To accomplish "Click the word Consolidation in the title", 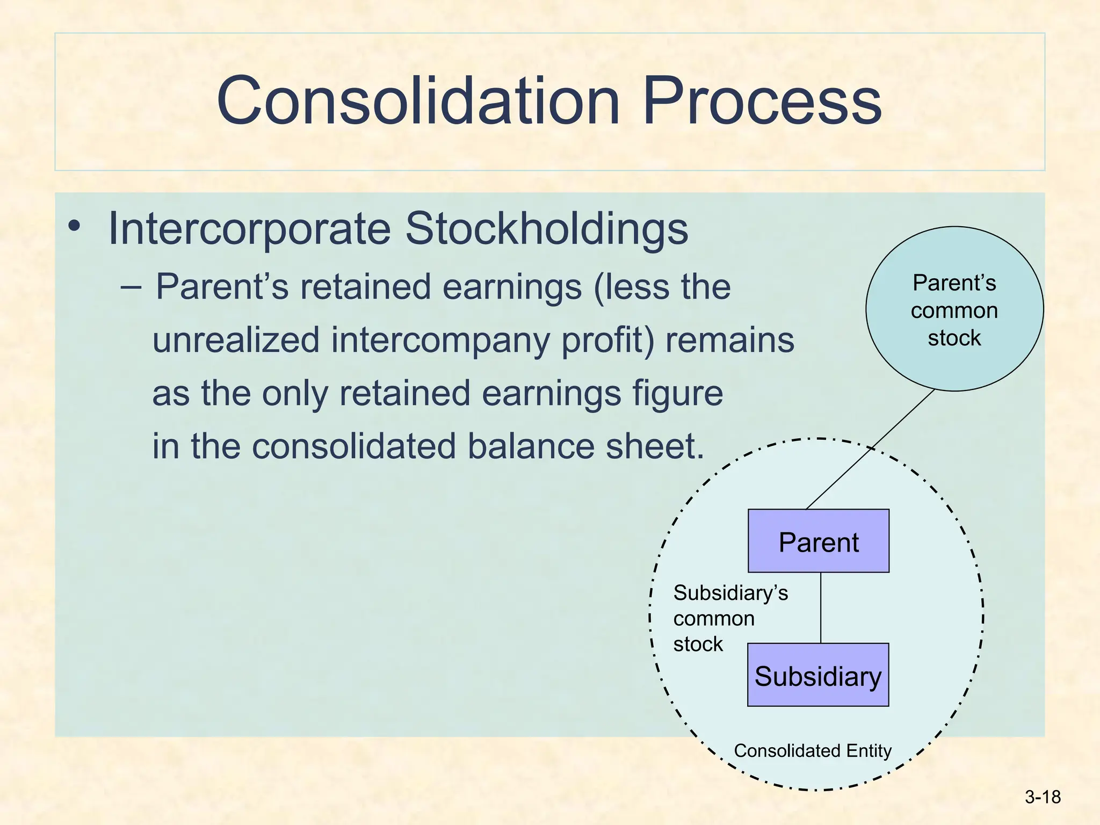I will pos(418,101).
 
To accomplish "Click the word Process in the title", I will pos(761,101).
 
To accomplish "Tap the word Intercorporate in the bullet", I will pos(249,229).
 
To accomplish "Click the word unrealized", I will pos(236,341).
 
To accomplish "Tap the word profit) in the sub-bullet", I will pos(607,341).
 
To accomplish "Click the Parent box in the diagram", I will pos(819,541).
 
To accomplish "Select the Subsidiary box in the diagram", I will pos(818,675).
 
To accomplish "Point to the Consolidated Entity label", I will pos(813,750).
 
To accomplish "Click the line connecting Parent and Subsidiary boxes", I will pos(821,607).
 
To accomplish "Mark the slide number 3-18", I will pos(1043,797).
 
